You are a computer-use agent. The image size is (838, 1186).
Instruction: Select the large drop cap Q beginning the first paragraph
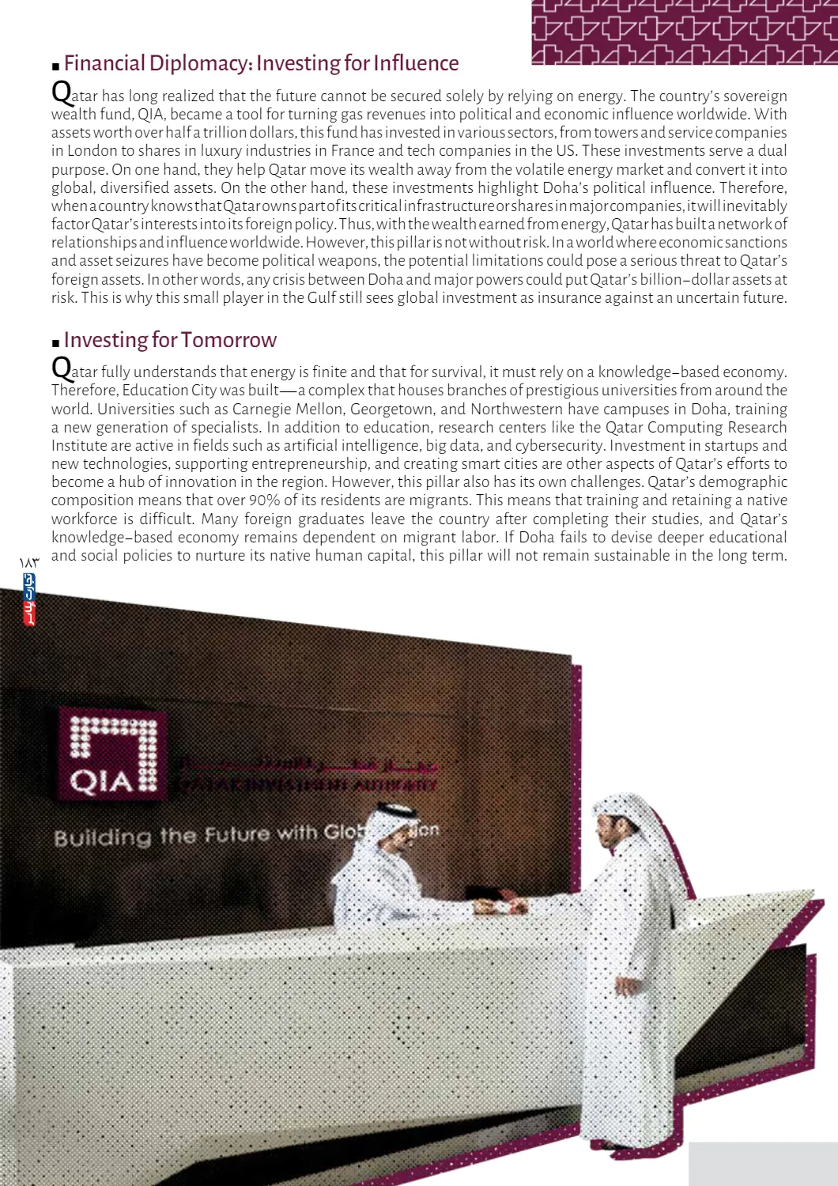[61, 92]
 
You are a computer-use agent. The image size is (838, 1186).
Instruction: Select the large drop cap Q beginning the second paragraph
[61, 368]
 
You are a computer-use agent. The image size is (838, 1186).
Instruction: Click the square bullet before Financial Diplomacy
[55, 66]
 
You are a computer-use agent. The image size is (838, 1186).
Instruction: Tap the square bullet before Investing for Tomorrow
[55, 343]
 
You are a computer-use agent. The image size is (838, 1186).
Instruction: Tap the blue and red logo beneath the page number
[29, 599]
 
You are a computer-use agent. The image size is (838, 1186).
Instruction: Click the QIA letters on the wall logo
[100, 781]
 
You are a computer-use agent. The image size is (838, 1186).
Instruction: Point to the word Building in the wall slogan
[102, 837]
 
